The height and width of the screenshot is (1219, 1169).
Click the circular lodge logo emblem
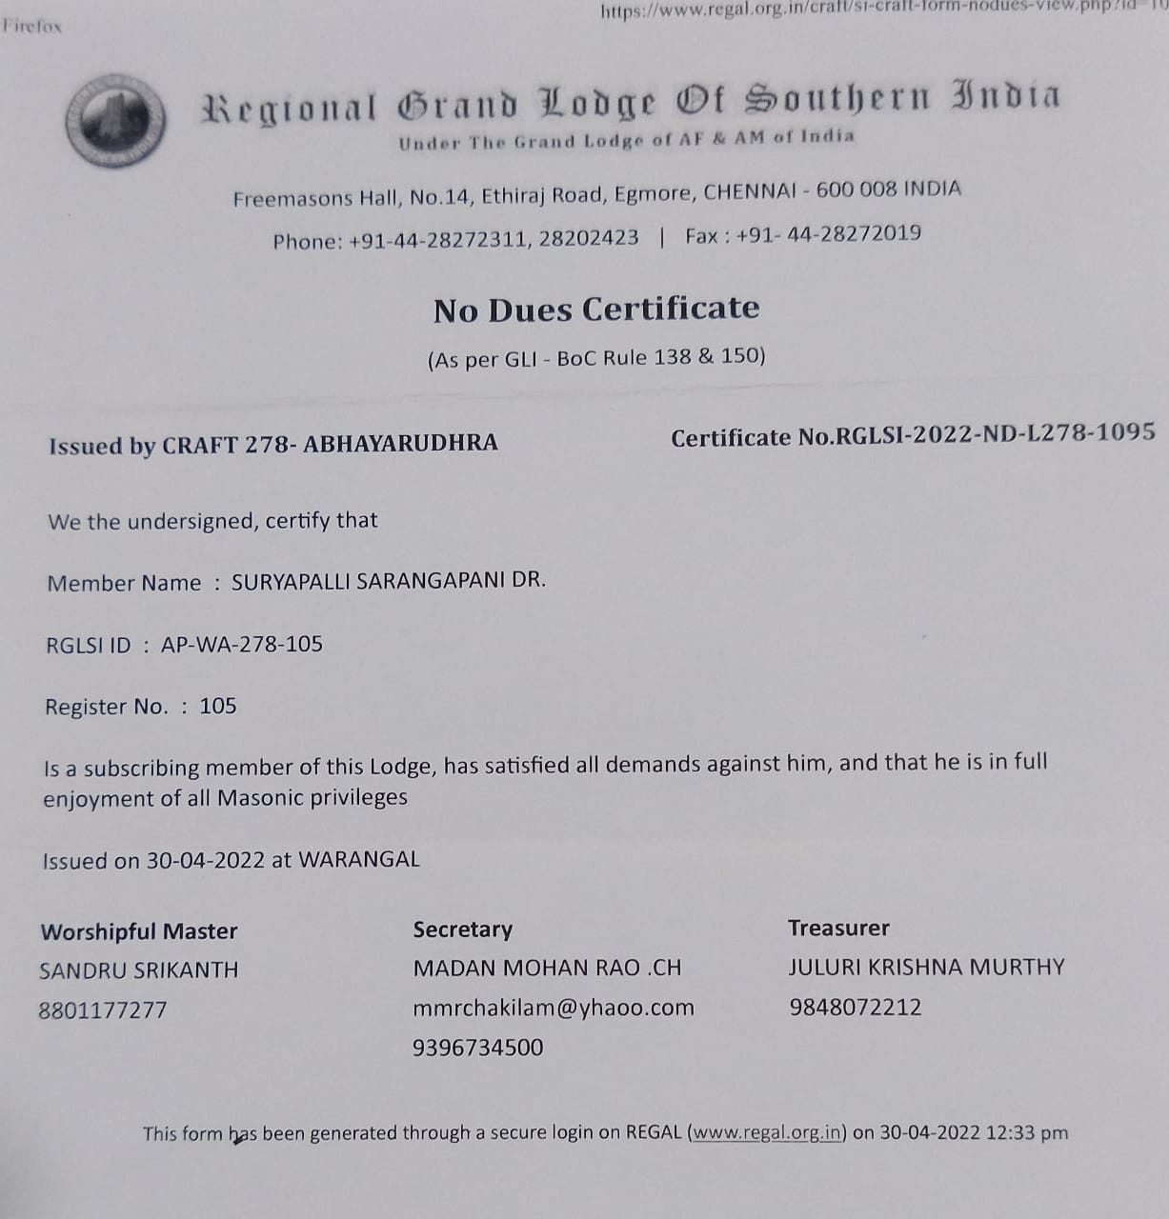(115, 121)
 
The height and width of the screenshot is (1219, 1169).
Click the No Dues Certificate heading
(596, 310)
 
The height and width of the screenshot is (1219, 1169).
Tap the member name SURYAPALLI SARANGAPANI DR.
(389, 581)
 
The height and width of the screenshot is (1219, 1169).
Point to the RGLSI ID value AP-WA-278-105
(242, 645)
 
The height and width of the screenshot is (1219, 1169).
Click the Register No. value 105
(218, 707)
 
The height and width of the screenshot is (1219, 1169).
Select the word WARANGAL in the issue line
(359, 859)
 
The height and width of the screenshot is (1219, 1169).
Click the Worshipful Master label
(139, 931)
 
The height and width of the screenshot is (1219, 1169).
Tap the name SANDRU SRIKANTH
(139, 970)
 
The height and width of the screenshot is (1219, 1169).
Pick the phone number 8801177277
(103, 1010)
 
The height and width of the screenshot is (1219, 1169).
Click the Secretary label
(462, 929)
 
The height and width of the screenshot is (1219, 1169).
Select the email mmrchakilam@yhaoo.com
(554, 1008)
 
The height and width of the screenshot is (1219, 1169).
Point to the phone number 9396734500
(477, 1048)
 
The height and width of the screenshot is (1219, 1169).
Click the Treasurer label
(838, 928)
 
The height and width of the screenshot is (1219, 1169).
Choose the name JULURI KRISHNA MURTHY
(926, 968)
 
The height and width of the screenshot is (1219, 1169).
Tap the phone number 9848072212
(856, 1008)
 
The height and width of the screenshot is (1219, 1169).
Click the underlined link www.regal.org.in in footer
(768, 1133)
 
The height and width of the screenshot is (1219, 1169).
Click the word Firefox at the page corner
(32, 27)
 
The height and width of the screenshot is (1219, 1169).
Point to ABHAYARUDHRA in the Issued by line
(400, 443)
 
